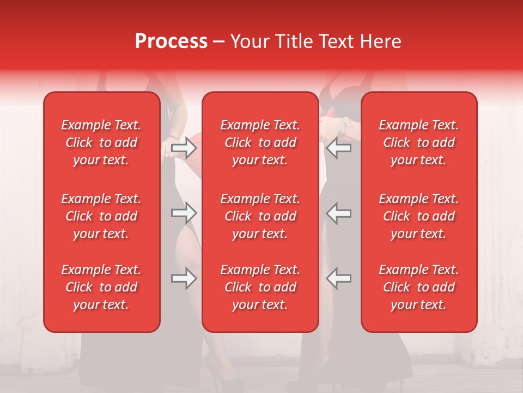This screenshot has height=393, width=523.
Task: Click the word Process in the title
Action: click(171, 41)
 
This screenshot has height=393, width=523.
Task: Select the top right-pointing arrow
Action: click(184, 148)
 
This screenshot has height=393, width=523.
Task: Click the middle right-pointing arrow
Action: click(184, 213)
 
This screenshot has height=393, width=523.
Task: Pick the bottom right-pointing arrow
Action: click(184, 278)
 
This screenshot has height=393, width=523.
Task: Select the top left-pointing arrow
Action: click(338, 148)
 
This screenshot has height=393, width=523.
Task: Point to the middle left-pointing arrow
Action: click(338, 213)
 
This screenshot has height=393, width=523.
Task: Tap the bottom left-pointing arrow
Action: click(338, 278)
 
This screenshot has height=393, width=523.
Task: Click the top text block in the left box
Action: click(101, 142)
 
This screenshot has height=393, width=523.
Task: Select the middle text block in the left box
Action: click(101, 216)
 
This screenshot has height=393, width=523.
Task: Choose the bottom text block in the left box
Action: click(101, 287)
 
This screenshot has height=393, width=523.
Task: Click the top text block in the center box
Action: click(260, 142)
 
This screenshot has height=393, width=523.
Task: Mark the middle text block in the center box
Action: click(260, 216)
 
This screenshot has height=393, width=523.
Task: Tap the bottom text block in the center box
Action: click(260, 287)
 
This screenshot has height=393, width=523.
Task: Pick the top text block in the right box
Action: click(419, 142)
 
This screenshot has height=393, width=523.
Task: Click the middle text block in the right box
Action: click(419, 216)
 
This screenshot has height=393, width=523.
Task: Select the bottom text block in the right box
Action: click(419, 287)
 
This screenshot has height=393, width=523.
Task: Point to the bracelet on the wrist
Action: click(343, 126)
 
